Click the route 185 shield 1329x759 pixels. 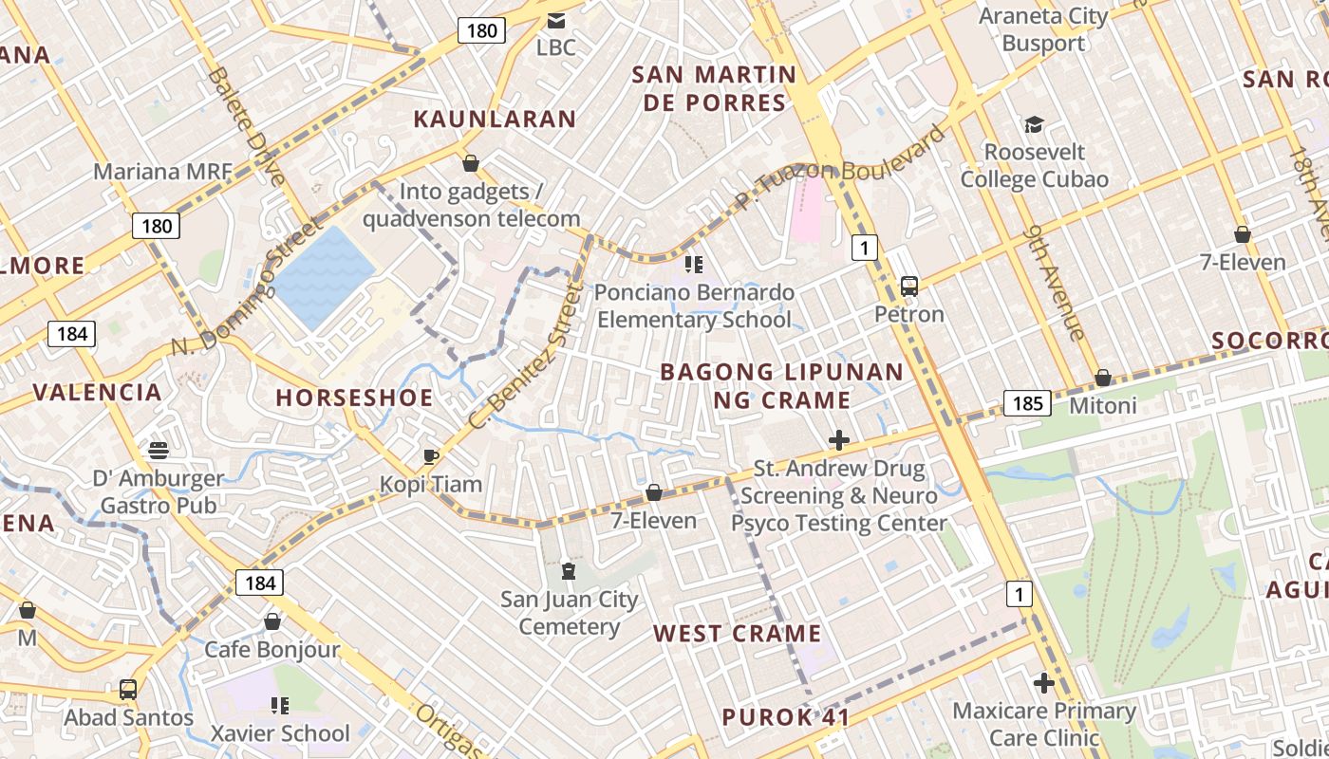(1027, 403)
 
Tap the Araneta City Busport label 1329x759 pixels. (1043, 29)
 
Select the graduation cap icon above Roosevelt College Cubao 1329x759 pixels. (1034, 125)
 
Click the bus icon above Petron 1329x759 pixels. (908, 286)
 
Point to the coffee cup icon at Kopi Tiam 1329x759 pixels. (431, 456)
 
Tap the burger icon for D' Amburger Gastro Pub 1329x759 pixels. (159, 450)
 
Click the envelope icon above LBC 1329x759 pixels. (555, 20)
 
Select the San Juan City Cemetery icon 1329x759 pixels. (569, 571)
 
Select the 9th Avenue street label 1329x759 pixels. (1055, 282)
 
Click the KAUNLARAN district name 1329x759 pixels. (495, 119)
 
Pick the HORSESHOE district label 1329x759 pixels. (354, 398)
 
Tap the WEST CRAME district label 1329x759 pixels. (737, 634)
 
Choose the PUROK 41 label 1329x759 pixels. (785, 717)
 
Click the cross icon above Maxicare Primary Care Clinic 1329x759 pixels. (1044, 683)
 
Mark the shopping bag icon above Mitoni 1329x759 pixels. (1102, 378)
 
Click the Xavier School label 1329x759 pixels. (280, 733)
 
